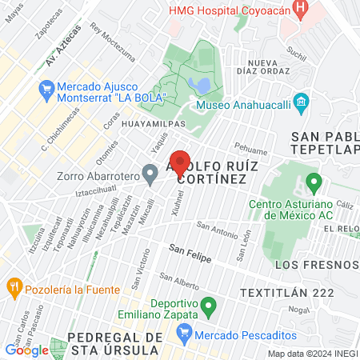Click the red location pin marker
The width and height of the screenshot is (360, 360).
point(180,162)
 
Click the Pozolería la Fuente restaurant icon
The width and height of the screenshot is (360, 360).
point(14,286)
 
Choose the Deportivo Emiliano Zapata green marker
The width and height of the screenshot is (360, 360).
point(209,305)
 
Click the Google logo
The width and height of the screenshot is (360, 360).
point(26,350)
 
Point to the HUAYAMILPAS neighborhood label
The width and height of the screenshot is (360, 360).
point(154,125)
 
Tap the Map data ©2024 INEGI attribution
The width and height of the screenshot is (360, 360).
point(312,354)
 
